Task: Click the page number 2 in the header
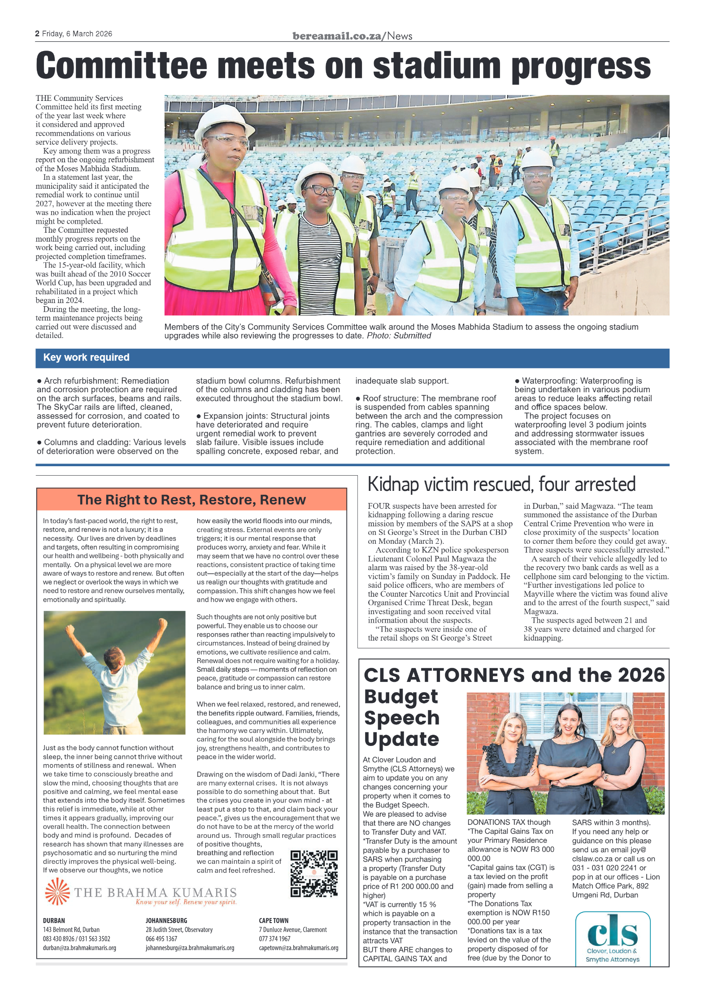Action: coord(37,34)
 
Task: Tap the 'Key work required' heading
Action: coord(86,357)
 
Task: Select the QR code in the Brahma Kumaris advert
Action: coord(314,873)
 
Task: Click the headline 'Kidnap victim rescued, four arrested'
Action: coord(501,484)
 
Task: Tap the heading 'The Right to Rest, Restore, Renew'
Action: coord(191,499)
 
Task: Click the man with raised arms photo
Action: coord(114,672)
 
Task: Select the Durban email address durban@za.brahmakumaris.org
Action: coord(79,948)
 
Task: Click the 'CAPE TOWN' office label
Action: coord(274,920)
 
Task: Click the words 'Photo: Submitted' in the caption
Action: coord(399,336)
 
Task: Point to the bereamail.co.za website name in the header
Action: coord(336,36)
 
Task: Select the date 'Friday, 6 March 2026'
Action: coord(77,34)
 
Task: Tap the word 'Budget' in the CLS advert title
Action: coord(400,696)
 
